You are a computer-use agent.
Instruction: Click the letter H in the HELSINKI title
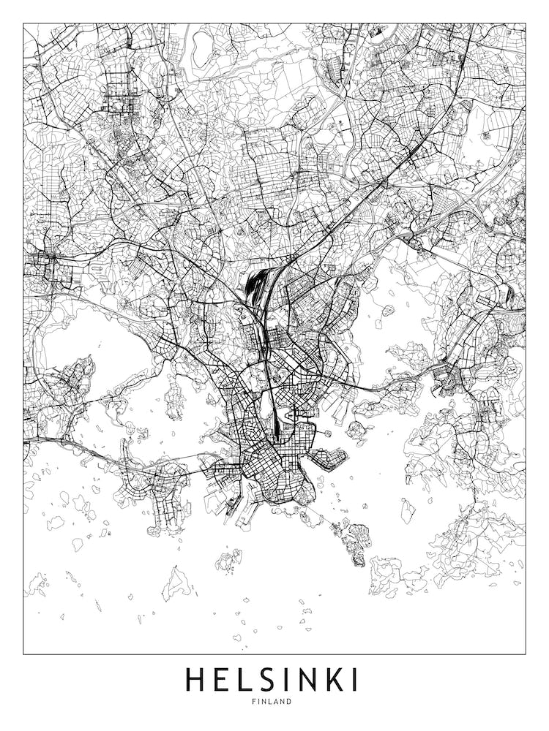pos(196,680)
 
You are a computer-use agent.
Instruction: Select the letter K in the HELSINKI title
pos(332,680)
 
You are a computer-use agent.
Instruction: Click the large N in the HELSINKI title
pos(304,680)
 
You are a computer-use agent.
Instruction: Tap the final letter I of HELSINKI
pos(354,680)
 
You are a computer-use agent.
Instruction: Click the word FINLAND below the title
pos(274,702)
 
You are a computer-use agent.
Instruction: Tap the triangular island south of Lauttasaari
pos(178,583)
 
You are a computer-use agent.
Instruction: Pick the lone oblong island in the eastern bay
pos(408,510)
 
